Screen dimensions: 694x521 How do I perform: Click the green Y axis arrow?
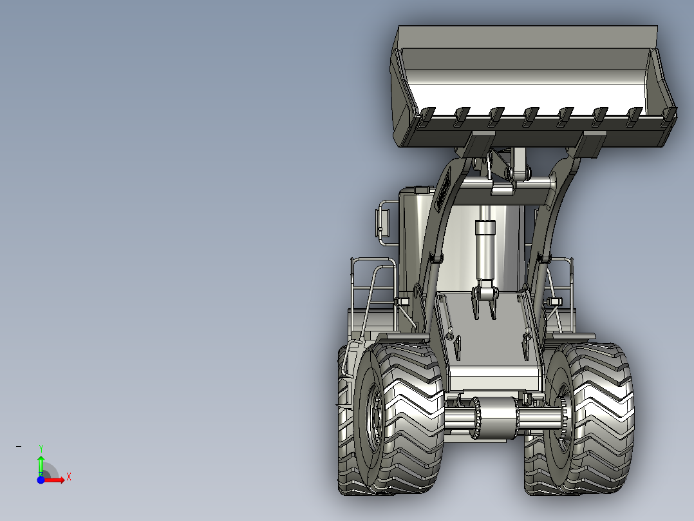(x=41, y=466)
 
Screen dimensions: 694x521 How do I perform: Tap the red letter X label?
(x=69, y=477)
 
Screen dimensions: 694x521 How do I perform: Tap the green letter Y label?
(x=41, y=448)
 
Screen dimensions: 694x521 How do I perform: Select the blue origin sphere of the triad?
(x=41, y=480)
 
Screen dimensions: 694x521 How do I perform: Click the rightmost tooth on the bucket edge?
(x=670, y=117)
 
